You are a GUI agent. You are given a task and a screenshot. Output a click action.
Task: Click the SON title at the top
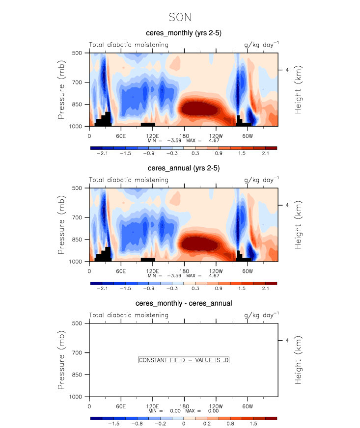tap(180, 17)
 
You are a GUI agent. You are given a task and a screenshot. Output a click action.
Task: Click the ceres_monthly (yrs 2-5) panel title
tap(183, 33)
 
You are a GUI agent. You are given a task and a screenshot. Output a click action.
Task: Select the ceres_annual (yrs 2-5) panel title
tap(183, 168)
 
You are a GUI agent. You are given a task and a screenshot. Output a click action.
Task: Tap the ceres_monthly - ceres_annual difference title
tap(184, 303)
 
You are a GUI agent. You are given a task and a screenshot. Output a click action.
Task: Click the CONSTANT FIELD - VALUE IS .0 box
tap(184, 360)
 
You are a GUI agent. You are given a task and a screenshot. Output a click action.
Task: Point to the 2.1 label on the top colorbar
tap(265, 153)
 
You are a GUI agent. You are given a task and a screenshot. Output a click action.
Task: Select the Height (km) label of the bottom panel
tap(299, 360)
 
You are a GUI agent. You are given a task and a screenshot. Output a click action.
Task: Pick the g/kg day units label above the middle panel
tap(261, 180)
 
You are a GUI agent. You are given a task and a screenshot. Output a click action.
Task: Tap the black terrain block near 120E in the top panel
tap(148, 124)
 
